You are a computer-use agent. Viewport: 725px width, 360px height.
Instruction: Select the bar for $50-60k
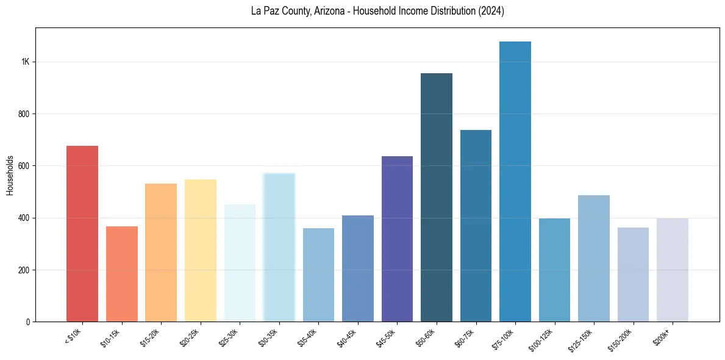[437, 198]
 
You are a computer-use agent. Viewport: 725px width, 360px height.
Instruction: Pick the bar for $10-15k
[122, 274]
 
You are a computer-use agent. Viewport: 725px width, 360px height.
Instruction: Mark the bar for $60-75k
[476, 226]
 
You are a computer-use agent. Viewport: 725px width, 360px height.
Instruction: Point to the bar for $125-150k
[594, 259]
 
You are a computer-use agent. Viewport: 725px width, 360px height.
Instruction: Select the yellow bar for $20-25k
[201, 251]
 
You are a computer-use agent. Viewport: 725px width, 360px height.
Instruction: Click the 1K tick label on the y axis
[26, 62]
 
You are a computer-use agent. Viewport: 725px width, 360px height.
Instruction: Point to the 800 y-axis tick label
[24, 114]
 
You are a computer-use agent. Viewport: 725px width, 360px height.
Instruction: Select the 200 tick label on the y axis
[24, 270]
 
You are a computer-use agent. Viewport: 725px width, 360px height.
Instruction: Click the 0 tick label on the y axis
[28, 322]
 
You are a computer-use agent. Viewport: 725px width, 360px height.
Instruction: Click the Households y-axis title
[10, 175]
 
